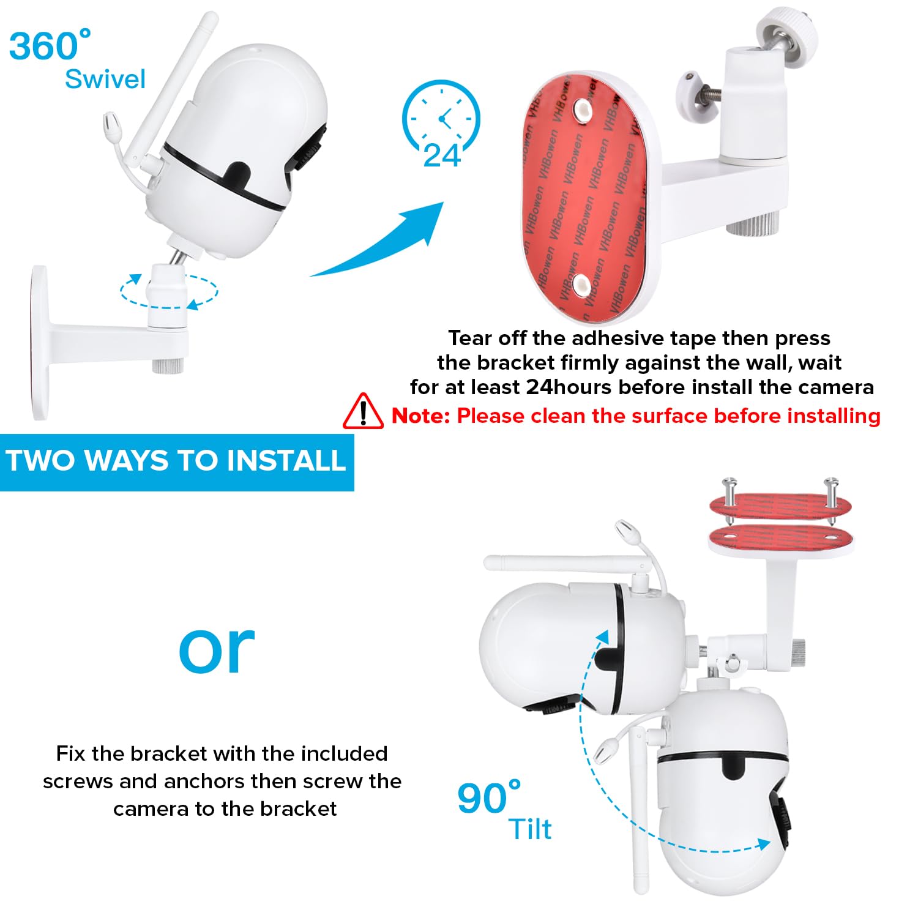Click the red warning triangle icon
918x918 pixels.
(x=363, y=411)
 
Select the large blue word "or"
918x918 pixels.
(x=217, y=649)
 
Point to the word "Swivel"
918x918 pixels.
(x=105, y=79)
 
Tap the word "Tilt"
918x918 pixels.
(x=530, y=829)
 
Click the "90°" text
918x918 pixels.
(x=489, y=797)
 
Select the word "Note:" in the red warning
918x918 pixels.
(x=421, y=416)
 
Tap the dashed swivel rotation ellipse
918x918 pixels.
(x=169, y=291)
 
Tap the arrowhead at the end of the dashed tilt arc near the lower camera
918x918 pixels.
(x=763, y=845)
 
